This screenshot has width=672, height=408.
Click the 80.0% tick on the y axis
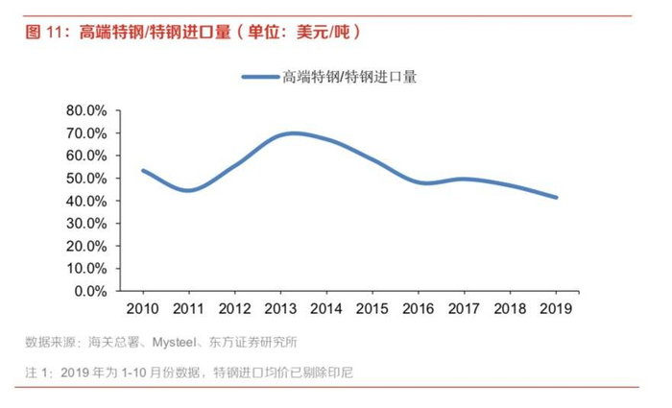point(87,110)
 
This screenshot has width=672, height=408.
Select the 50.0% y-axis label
point(87,179)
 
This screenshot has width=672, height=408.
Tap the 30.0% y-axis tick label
point(87,224)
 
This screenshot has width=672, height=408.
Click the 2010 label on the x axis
point(142,308)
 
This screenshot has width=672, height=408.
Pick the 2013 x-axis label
point(280,308)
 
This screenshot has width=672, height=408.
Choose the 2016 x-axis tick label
point(419,308)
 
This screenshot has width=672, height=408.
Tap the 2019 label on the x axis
point(556,308)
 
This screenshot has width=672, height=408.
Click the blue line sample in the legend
point(259,77)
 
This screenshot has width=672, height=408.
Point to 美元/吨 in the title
point(328,32)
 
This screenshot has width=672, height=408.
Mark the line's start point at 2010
point(142,170)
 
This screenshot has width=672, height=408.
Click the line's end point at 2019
point(556,198)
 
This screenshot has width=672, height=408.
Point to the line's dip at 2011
point(188,190)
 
